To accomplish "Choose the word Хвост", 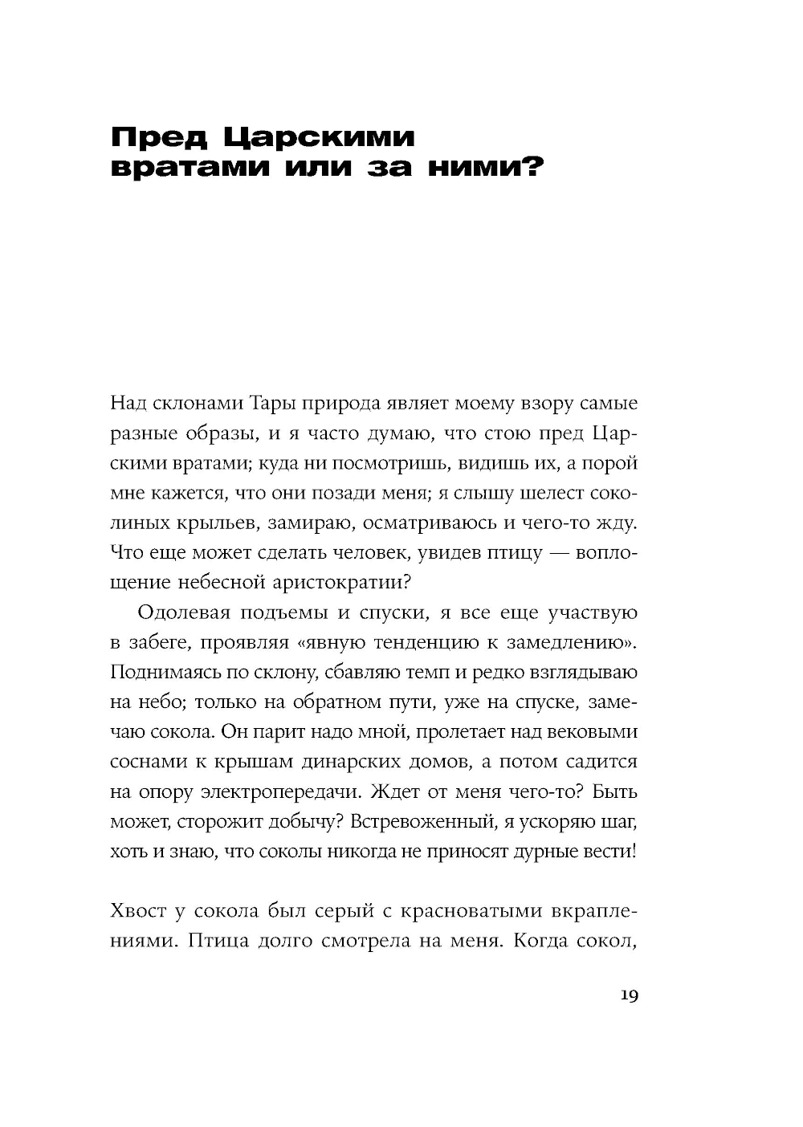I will [x=137, y=911].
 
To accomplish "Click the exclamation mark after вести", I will [x=634, y=850].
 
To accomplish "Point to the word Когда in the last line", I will [x=540, y=942].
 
